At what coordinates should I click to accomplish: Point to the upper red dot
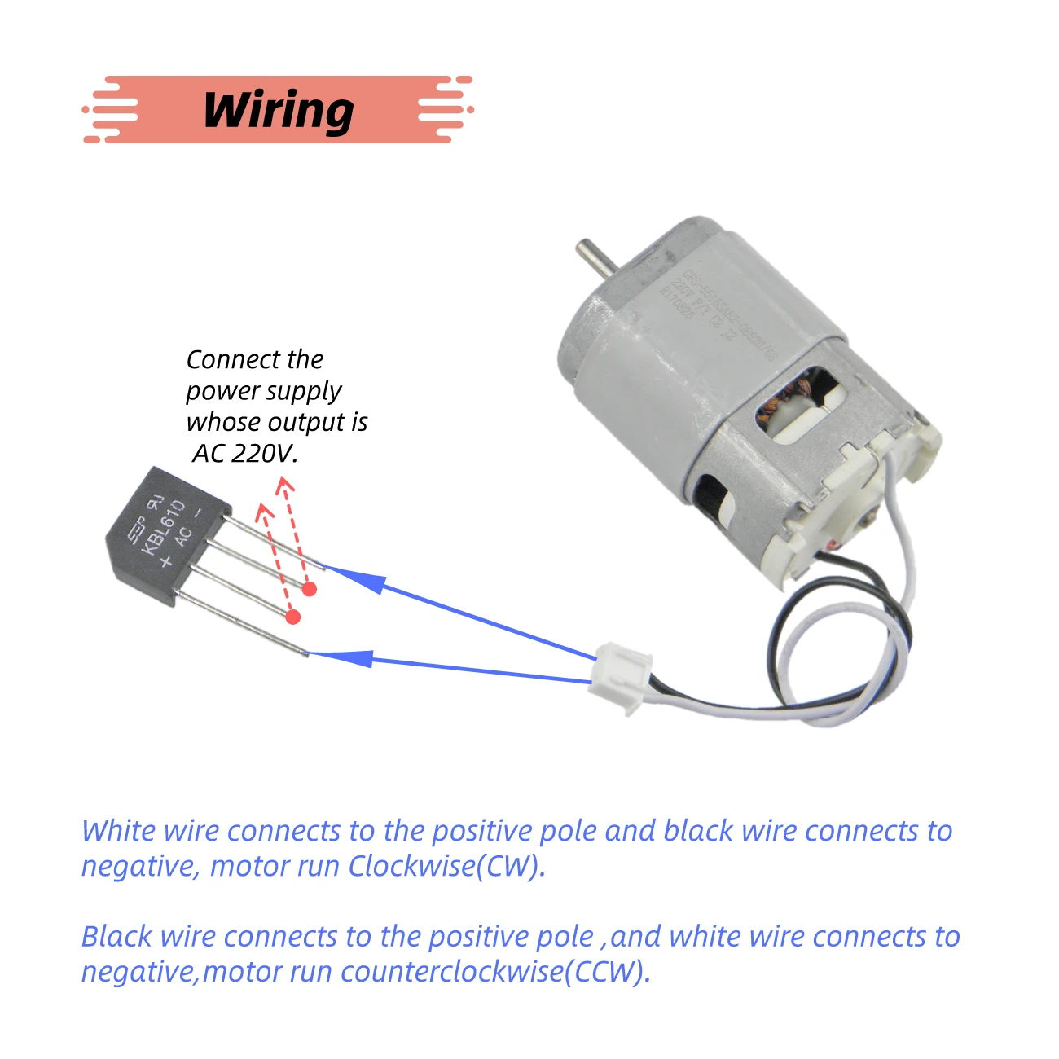(x=309, y=589)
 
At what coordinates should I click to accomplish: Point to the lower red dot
(x=293, y=617)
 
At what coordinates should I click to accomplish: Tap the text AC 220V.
(x=245, y=453)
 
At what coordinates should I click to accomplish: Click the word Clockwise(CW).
(x=446, y=866)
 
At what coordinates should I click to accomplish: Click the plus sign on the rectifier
(x=166, y=561)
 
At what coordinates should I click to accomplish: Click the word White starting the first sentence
(x=119, y=831)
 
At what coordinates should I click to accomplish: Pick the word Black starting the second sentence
(x=116, y=937)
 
